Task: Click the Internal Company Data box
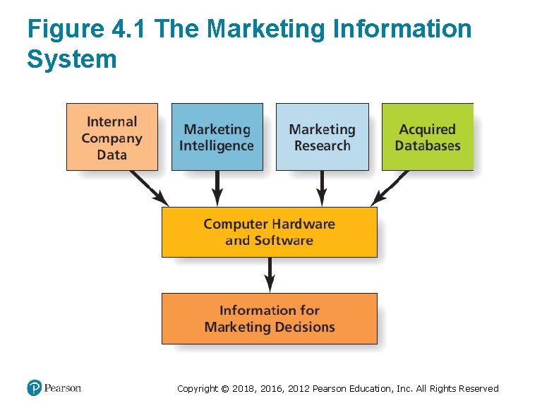pyautogui.click(x=112, y=137)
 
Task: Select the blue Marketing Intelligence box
pyautogui.click(x=217, y=137)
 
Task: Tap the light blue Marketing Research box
pyautogui.click(x=322, y=137)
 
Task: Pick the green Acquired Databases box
pyautogui.click(x=427, y=137)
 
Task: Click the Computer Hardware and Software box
pyautogui.click(x=269, y=232)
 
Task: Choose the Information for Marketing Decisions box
pyautogui.click(x=269, y=318)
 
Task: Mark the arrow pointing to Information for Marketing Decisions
pyautogui.click(x=269, y=275)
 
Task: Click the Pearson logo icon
pyautogui.click(x=35, y=388)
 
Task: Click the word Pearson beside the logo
pyautogui.click(x=63, y=388)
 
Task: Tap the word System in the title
pyautogui.click(x=71, y=59)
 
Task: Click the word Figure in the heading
pyautogui.click(x=64, y=30)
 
